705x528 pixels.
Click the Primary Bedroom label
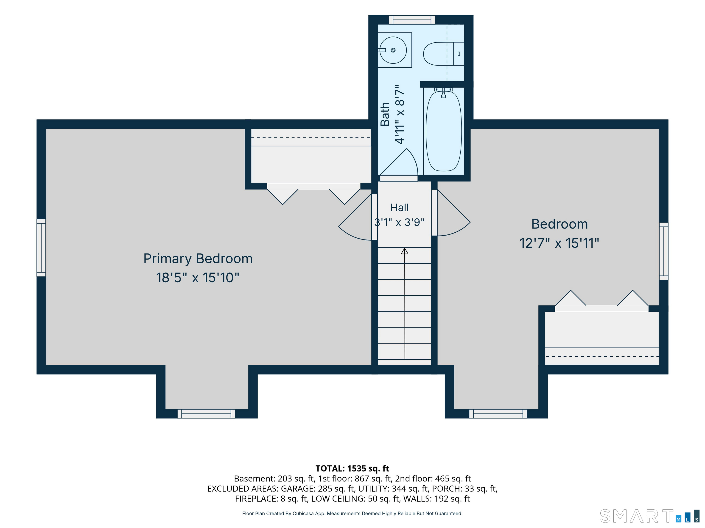click(198, 259)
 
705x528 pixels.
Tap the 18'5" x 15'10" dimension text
click(198, 278)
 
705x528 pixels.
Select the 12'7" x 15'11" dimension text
click(559, 243)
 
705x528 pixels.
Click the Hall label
click(399, 207)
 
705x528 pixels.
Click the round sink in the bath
click(393, 50)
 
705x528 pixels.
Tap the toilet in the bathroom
click(443, 54)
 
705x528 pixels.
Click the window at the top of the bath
click(412, 20)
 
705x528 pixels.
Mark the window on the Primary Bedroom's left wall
click(41, 247)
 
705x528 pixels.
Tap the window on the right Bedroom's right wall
click(663, 251)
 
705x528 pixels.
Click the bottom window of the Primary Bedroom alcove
click(206, 414)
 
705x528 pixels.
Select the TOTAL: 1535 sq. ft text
click(352, 468)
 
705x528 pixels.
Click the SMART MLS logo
click(649, 516)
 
